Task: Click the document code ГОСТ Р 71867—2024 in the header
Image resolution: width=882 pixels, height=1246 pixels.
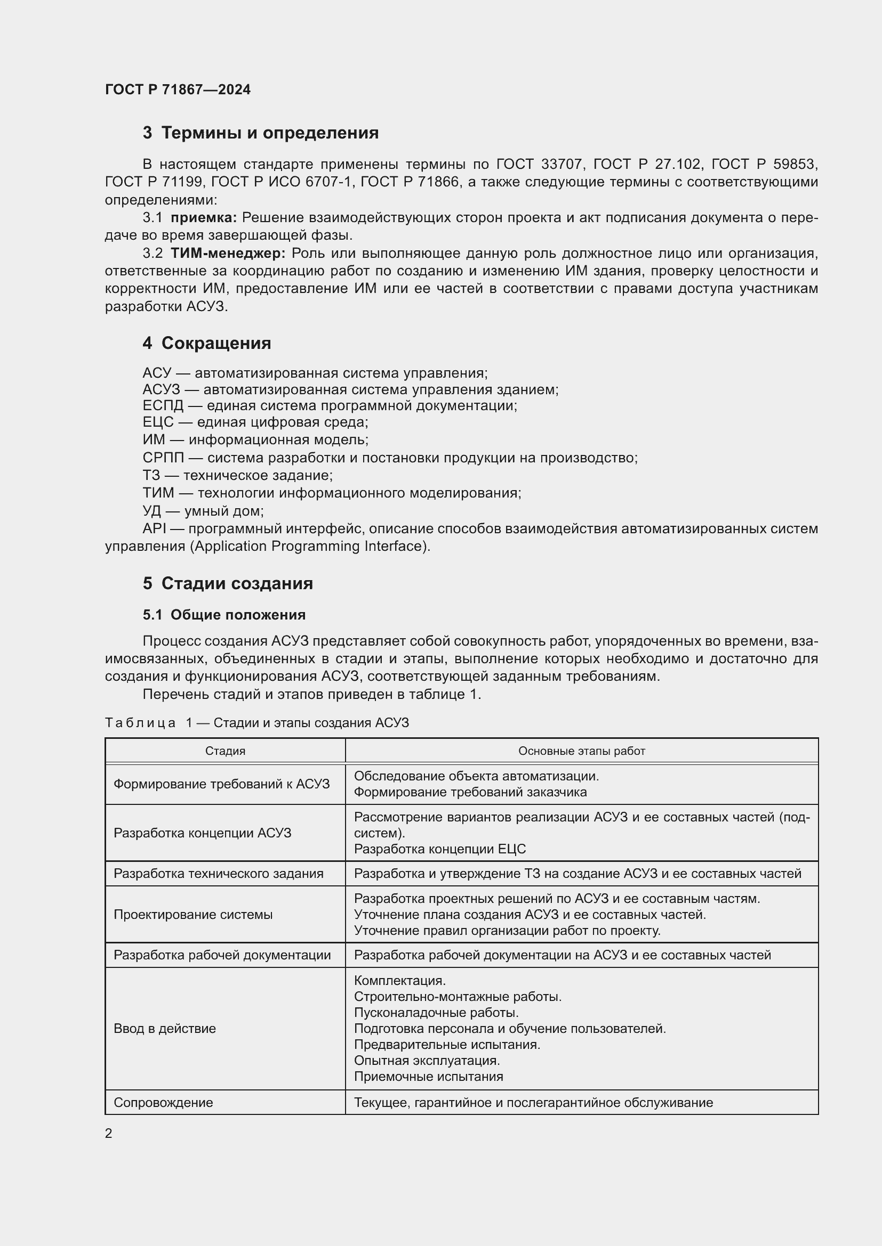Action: click(x=178, y=90)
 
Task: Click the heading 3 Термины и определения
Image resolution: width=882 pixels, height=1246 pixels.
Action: click(x=261, y=133)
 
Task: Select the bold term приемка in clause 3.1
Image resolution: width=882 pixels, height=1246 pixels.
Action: click(x=204, y=218)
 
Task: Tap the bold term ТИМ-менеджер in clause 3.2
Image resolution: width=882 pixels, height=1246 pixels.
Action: click(x=228, y=254)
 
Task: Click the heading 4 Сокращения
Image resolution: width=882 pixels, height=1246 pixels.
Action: click(x=207, y=344)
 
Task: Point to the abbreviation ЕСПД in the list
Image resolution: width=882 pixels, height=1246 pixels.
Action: click(x=163, y=406)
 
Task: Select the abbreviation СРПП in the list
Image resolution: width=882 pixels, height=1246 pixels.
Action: click(x=163, y=458)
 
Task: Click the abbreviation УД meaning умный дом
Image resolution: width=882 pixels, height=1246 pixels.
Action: click(x=152, y=511)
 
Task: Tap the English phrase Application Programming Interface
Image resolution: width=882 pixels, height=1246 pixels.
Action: click(x=309, y=547)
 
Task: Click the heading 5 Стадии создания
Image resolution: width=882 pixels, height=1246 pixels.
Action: click(x=228, y=583)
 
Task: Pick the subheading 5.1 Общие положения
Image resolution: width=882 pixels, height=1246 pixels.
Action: click(x=224, y=615)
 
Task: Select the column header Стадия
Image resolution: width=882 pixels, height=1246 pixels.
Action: click(x=226, y=751)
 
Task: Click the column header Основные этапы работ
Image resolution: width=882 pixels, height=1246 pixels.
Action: click(x=582, y=751)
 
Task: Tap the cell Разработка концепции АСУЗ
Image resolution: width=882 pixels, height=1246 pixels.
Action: click(x=203, y=833)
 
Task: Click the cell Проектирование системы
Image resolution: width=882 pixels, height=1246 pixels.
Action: click(x=193, y=915)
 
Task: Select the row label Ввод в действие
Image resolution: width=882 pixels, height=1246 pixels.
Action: click(x=165, y=1028)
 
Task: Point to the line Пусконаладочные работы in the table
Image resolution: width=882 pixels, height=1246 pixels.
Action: click(x=436, y=1013)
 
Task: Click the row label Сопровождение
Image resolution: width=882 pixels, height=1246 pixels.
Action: click(x=163, y=1102)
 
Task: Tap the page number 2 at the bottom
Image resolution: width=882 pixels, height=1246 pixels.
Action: click(x=109, y=1133)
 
